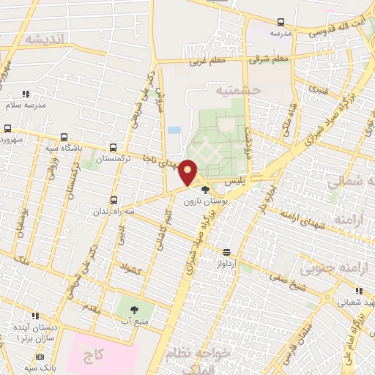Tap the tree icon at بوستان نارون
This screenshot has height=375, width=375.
point(204,190)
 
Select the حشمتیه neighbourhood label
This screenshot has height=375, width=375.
point(237,90)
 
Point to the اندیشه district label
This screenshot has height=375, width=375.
point(44,38)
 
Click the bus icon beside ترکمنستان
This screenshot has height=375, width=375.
point(112,146)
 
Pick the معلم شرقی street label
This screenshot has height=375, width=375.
point(270,59)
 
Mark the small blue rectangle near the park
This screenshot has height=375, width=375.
point(174,130)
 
